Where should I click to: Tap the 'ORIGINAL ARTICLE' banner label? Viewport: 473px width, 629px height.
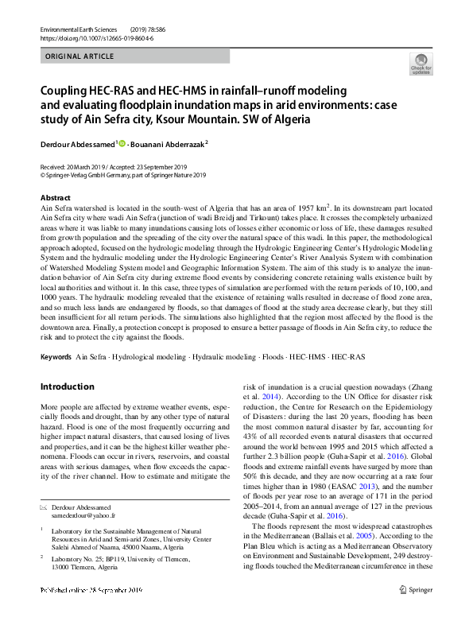pyautogui.click(x=80, y=56)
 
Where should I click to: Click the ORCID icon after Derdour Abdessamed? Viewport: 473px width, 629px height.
pyautogui.click(x=122, y=143)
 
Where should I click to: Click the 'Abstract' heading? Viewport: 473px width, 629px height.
pyautogui.click(x=55, y=196)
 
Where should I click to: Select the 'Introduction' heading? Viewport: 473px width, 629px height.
pyautogui.click(x=67, y=386)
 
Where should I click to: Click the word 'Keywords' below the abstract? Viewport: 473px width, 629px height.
pyautogui.click(x=55, y=357)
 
